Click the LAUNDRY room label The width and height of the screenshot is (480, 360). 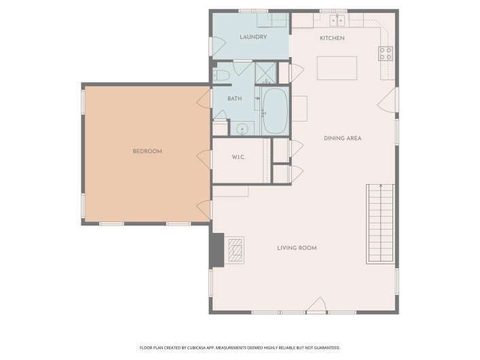(x=253, y=37)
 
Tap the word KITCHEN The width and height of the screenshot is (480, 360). (x=332, y=38)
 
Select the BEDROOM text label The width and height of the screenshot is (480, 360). (x=147, y=151)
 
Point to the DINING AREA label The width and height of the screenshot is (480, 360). (x=342, y=138)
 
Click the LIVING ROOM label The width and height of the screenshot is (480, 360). (x=297, y=248)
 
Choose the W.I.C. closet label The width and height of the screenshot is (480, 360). (x=238, y=158)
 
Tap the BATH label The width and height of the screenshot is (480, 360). (x=234, y=98)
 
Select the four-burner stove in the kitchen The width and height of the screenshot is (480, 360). (x=386, y=52)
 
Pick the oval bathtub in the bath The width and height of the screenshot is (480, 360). (x=275, y=111)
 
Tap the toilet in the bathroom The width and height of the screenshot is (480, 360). (x=220, y=75)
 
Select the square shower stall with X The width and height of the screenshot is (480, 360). (x=265, y=72)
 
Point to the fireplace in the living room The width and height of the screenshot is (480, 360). (x=234, y=249)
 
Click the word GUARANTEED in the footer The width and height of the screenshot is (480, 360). (x=325, y=347)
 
